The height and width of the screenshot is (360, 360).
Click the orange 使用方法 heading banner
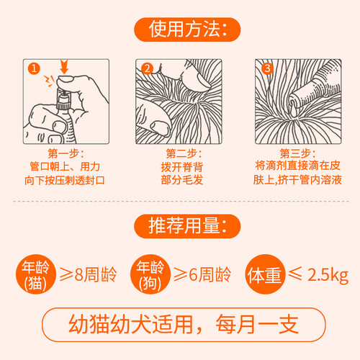point(187,30)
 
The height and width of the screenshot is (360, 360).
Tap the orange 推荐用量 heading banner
point(187,226)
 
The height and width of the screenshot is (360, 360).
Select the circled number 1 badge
point(34,68)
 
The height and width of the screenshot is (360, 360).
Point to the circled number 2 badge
point(147,68)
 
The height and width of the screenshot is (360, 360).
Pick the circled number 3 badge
point(267,68)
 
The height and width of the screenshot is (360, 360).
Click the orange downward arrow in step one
point(64,67)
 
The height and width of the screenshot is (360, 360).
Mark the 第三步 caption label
point(297,153)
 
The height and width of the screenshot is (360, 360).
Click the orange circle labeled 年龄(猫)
point(36,274)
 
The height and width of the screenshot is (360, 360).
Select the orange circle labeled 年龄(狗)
point(150,274)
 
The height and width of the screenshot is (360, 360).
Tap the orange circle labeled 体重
point(265,274)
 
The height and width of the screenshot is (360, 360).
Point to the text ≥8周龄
point(88,274)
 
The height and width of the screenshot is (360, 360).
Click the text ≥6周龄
point(202,274)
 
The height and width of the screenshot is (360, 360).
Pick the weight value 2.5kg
point(328,275)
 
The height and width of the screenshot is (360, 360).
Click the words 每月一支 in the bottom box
point(257,325)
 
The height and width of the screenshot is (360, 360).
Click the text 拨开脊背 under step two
point(182,167)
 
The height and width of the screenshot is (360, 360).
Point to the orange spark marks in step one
point(50,81)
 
